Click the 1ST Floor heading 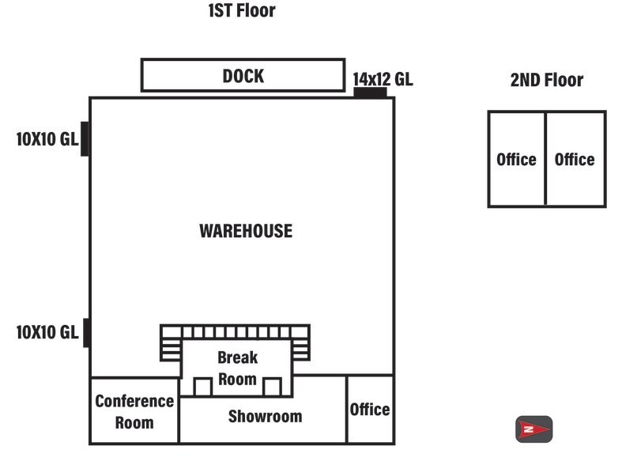point(242,11)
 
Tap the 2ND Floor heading point(547,80)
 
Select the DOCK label point(243,76)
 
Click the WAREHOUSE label point(245,231)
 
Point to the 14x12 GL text point(383,79)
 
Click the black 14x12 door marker point(370,93)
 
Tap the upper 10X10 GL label point(47,140)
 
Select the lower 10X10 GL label point(47,332)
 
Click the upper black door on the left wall point(85,139)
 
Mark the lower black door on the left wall point(85,332)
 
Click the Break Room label point(237,369)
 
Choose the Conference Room point(134,410)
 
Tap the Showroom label point(265,416)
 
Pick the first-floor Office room point(370,409)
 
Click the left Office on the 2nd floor point(516,159)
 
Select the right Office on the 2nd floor point(575,159)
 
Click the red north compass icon point(533,429)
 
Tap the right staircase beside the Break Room point(300,349)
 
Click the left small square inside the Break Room point(203,387)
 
